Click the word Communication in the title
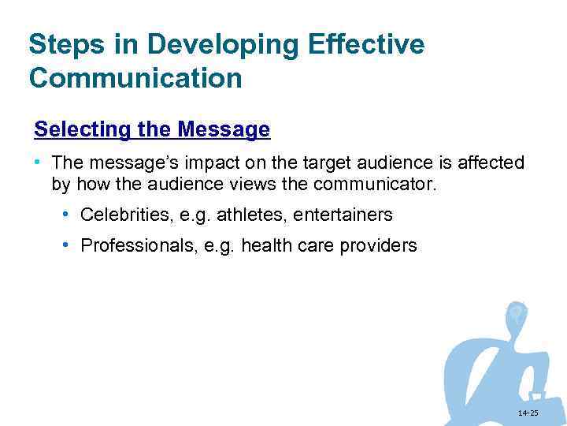click(x=135, y=79)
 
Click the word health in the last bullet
click(x=265, y=246)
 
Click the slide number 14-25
click(x=528, y=413)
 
